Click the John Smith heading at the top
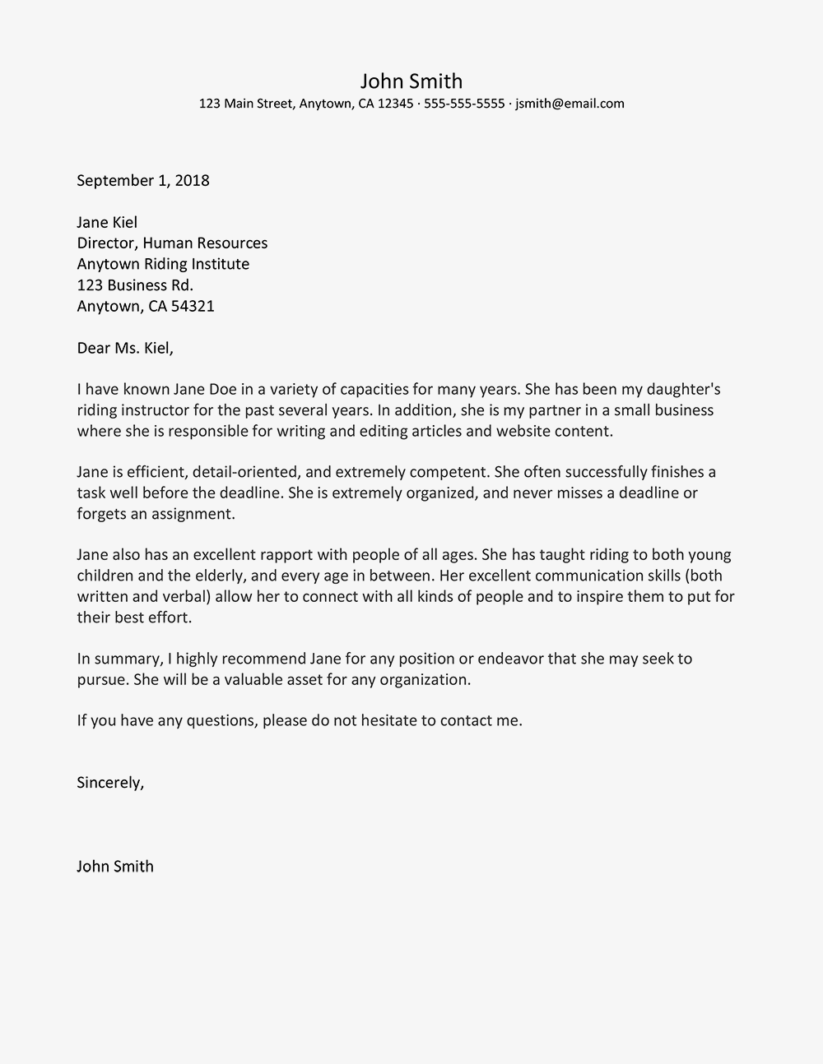(411, 81)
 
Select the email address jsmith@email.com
(570, 104)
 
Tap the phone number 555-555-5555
(464, 104)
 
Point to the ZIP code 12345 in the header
(395, 104)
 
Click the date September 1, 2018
(143, 181)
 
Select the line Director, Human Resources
(172, 243)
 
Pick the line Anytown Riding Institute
(163, 264)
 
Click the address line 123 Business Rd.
(135, 285)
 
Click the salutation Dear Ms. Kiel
(125, 348)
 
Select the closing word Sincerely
(109, 783)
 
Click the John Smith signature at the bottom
(115, 867)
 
